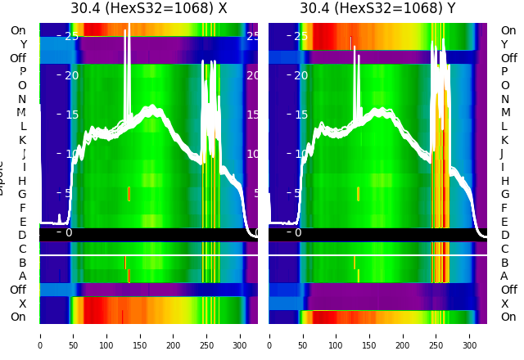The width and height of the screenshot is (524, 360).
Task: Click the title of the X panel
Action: point(148,9)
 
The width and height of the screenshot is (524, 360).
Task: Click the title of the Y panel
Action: point(377,9)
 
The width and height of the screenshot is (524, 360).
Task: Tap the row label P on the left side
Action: point(23,72)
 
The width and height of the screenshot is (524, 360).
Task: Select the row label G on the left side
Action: point(23,194)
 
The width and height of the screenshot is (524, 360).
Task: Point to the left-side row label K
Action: point(23,140)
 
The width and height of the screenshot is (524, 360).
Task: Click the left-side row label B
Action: point(23,263)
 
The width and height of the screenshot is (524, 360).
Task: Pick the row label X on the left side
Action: point(23,304)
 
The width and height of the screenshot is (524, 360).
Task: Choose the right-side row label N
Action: point(504,99)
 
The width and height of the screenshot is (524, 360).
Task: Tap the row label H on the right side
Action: point(504,181)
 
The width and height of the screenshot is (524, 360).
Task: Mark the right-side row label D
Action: point(504,235)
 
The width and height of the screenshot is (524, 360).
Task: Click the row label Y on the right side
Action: point(504,44)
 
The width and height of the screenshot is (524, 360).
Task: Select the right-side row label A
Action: point(504,276)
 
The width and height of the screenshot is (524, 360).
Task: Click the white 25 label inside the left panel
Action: point(71,36)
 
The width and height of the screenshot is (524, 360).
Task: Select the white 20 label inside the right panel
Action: point(300,75)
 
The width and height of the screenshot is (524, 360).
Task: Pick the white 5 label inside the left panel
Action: point(69,193)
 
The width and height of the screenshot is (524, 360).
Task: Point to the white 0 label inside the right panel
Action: point(298,232)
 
